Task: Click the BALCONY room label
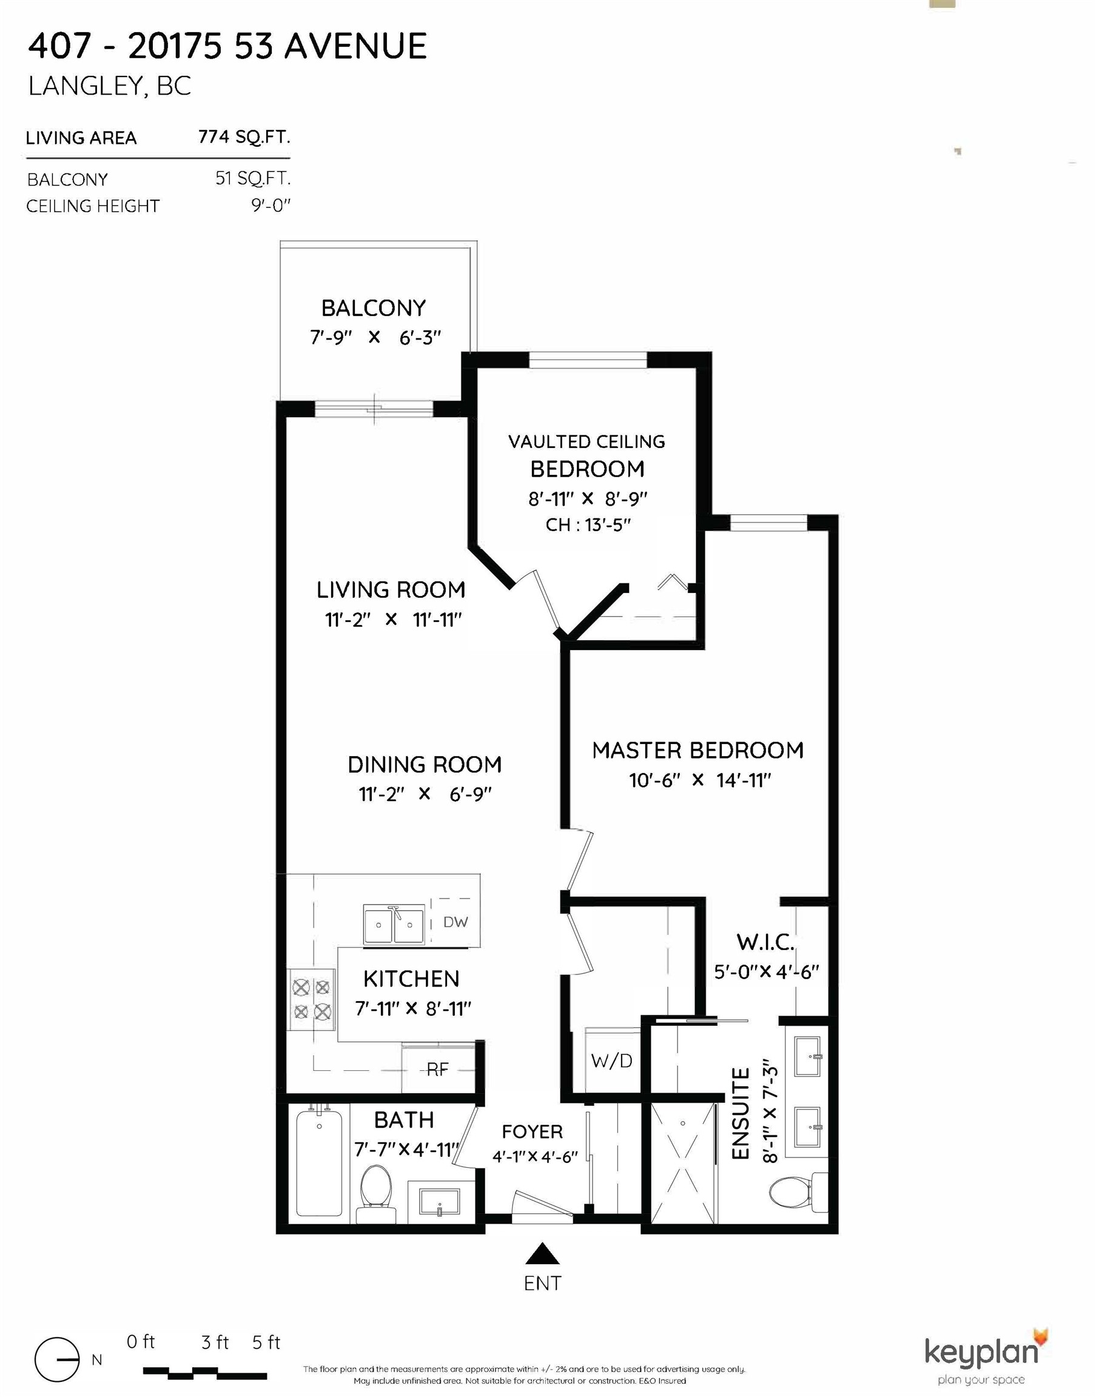(x=374, y=309)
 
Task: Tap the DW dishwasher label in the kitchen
(x=456, y=922)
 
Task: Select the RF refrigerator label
(x=438, y=1068)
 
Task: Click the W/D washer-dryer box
(x=611, y=1061)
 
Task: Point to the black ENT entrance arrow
(x=543, y=1253)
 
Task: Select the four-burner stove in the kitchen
(x=311, y=999)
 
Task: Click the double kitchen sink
(x=394, y=924)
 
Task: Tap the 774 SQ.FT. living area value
(x=244, y=136)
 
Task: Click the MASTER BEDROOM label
(x=698, y=750)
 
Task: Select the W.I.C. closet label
(x=765, y=942)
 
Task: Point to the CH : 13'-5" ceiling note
(x=588, y=524)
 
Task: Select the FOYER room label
(x=532, y=1131)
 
